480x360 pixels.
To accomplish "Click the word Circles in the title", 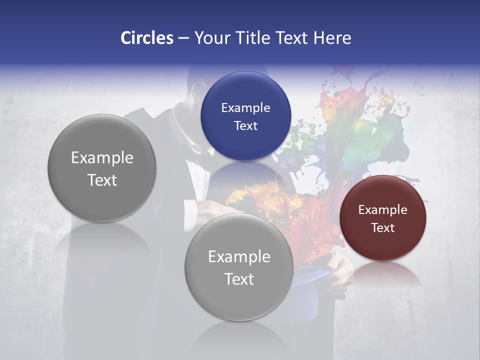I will [146, 38].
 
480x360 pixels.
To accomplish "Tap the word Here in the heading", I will [332, 38].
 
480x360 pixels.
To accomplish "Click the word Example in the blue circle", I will [245, 108].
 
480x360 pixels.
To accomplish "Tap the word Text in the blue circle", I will [245, 126].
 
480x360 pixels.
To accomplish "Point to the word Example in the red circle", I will [382, 210].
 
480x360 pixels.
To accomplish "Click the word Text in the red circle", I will [382, 228].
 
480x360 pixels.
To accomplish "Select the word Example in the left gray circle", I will [102, 158].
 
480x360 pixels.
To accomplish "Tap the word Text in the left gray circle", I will [102, 180].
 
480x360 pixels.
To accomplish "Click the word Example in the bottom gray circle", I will [239, 257].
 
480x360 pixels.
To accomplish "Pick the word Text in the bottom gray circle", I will [239, 279].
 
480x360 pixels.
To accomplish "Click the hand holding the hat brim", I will [342, 270].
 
